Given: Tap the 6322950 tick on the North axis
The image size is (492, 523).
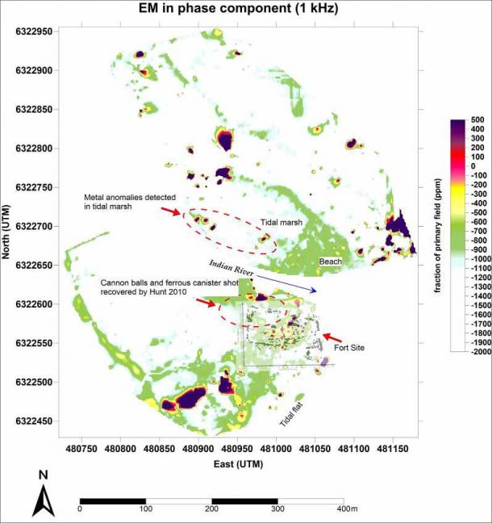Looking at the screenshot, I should tap(32, 31).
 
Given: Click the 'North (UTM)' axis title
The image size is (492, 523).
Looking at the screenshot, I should tap(8, 234).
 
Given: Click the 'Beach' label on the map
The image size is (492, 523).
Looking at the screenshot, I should tap(330, 261).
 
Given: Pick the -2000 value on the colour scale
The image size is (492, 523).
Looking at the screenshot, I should tap(477, 352).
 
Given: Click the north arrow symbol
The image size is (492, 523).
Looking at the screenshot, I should tap(43, 495).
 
